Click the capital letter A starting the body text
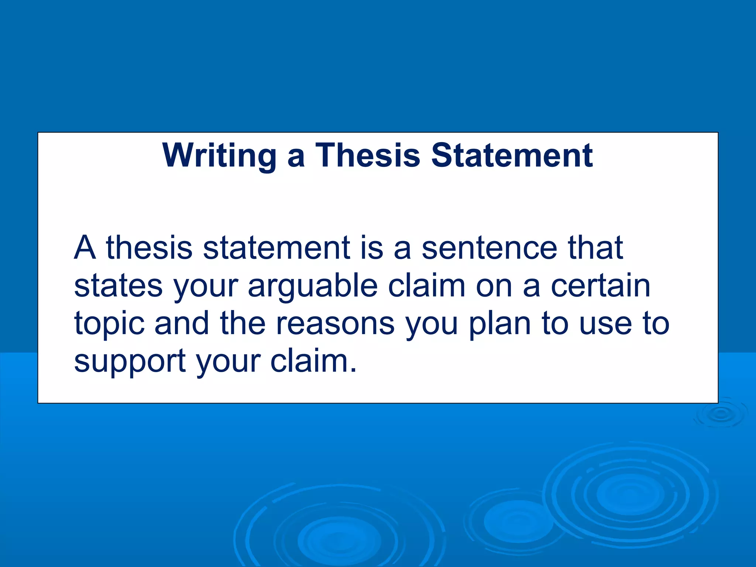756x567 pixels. (85, 248)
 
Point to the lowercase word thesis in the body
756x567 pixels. (149, 248)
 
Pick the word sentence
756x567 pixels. (489, 248)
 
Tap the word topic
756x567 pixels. (109, 324)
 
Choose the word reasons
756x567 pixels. (335, 323)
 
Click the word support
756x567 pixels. (130, 362)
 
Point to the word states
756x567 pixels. (118, 286)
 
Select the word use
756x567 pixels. (605, 324)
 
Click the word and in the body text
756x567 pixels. (181, 323)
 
